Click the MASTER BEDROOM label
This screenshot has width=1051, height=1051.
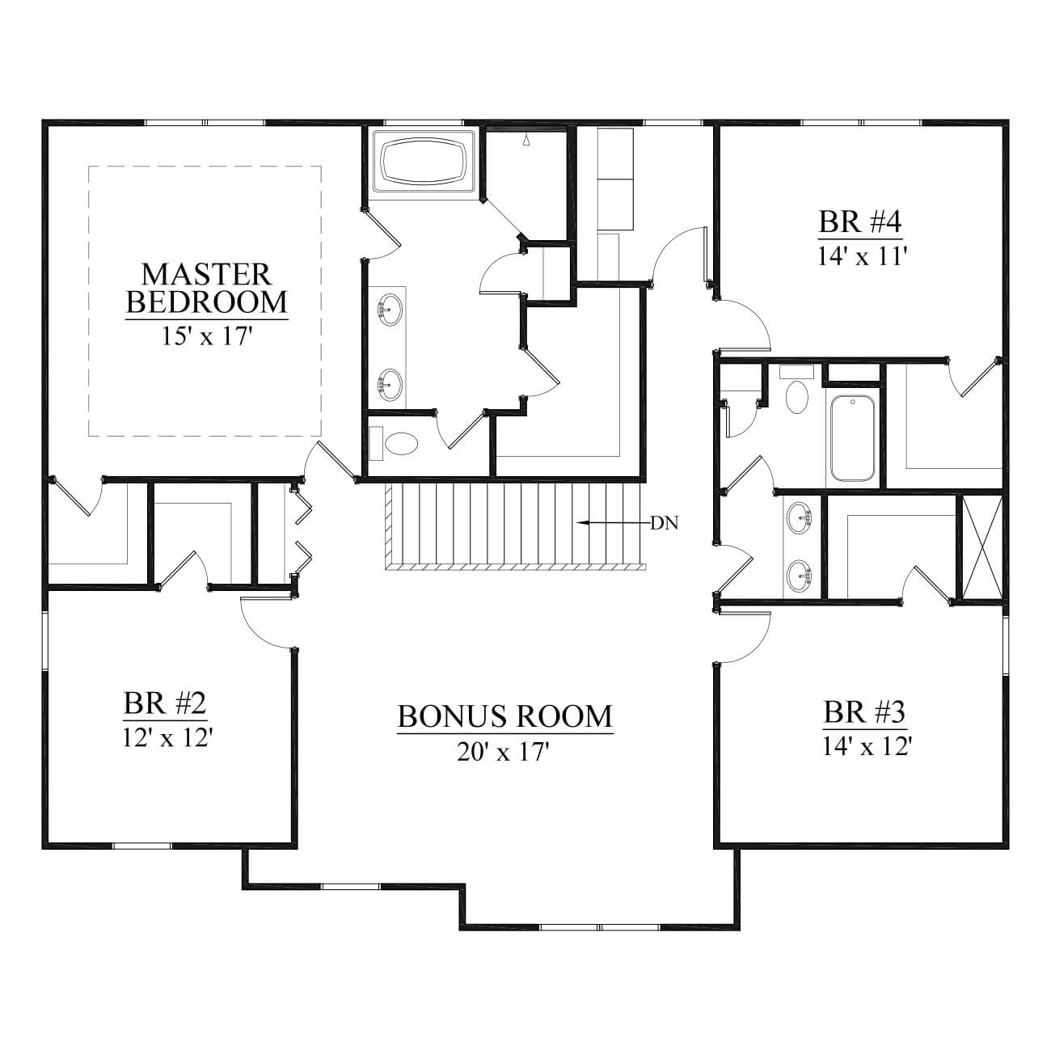coord(207,288)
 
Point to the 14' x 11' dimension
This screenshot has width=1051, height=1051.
coord(860,255)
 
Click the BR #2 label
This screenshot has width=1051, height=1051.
coord(165,703)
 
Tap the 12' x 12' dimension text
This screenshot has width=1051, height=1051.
coord(167,738)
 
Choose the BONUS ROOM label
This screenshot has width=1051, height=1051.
coord(505,716)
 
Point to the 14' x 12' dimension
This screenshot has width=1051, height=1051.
coord(867,745)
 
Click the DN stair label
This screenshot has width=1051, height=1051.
coord(665,524)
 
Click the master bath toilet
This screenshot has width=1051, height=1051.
coord(395,443)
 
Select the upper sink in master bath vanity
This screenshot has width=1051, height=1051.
coord(390,309)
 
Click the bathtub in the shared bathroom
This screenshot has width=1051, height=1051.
coord(852,437)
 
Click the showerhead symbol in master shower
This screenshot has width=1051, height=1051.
coord(525,141)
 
